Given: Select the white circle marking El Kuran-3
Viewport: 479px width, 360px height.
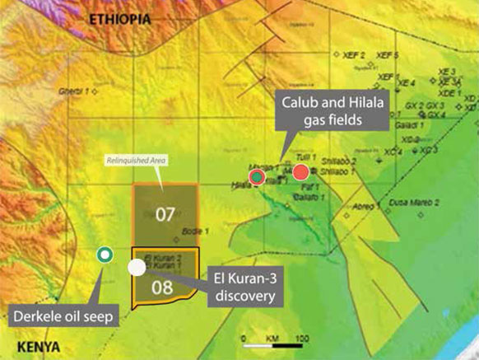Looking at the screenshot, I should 137,267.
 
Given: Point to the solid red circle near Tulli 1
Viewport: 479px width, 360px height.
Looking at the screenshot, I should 300,171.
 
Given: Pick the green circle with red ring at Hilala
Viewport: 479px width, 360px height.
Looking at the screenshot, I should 258,176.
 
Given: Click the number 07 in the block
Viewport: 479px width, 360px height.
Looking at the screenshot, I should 165,215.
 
